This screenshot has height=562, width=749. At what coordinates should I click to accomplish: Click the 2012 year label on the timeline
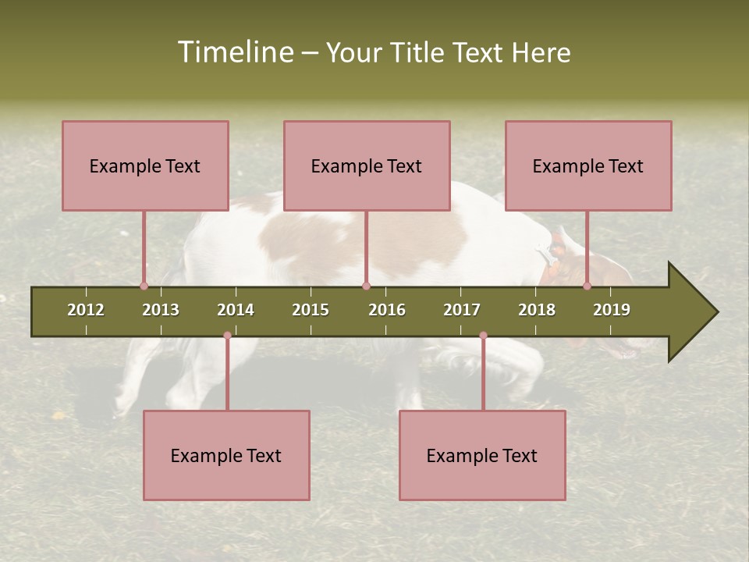tap(86, 310)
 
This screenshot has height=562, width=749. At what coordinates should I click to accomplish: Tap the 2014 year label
tap(236, 310)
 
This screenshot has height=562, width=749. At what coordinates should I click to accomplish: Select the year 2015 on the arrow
tap(311, 310)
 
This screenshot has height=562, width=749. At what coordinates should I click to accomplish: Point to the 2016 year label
tap(387, 310)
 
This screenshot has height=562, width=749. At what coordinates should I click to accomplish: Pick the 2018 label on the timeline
tap(537, 310)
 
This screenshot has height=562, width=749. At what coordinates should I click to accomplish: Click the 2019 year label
tap(612, 310)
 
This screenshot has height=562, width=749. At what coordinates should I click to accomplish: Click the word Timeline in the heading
tap(234, 52)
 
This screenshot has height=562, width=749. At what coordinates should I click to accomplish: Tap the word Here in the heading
tap(541, 52)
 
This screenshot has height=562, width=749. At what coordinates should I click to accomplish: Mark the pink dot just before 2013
tap(144, 286)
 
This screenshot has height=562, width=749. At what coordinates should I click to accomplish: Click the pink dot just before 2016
tap(366, 286)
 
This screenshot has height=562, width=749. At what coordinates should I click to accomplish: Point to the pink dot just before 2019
tap(587, 286)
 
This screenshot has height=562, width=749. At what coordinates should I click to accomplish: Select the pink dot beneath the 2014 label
tap(227, 336)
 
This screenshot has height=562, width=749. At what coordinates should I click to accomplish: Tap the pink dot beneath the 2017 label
tap(483, 336)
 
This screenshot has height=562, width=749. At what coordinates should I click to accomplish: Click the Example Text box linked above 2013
tap(145, 165)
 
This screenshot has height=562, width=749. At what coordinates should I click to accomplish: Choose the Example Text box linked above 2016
tap(367, 165)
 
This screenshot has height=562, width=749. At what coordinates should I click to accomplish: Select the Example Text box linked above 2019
tap(588, 165)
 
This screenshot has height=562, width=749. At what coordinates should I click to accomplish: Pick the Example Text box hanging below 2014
tap(226, 455)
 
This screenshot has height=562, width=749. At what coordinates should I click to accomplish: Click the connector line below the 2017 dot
tap(483, 375)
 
